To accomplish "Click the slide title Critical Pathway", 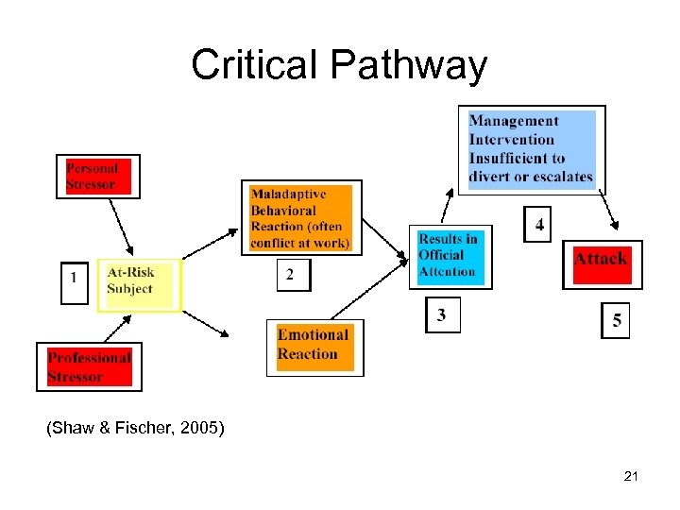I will coord(339,65).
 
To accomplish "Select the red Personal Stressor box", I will coord(98,177).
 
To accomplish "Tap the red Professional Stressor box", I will coord(89,366).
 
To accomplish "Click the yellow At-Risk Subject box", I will coord(139,282).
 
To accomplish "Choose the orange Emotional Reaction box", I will coord(314,346).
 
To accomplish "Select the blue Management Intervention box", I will coord(533,148).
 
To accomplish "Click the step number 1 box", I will coord(74,280).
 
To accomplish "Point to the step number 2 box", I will coord(291,275).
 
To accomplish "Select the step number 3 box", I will coord(442,315).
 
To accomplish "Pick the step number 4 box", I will coord(538,225).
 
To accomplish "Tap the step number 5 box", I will coord(616,321).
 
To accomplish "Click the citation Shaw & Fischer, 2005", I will coord(135,430).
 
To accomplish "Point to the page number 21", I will coord(631,477).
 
